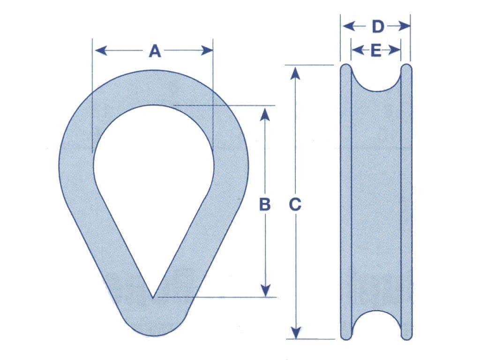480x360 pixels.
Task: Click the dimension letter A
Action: pos(155,51)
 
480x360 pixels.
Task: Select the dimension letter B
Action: pos(265,204)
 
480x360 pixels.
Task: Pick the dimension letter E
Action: pos(375,50)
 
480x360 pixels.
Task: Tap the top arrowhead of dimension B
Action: pos(265,112)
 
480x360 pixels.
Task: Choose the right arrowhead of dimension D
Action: pos(405,27)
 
